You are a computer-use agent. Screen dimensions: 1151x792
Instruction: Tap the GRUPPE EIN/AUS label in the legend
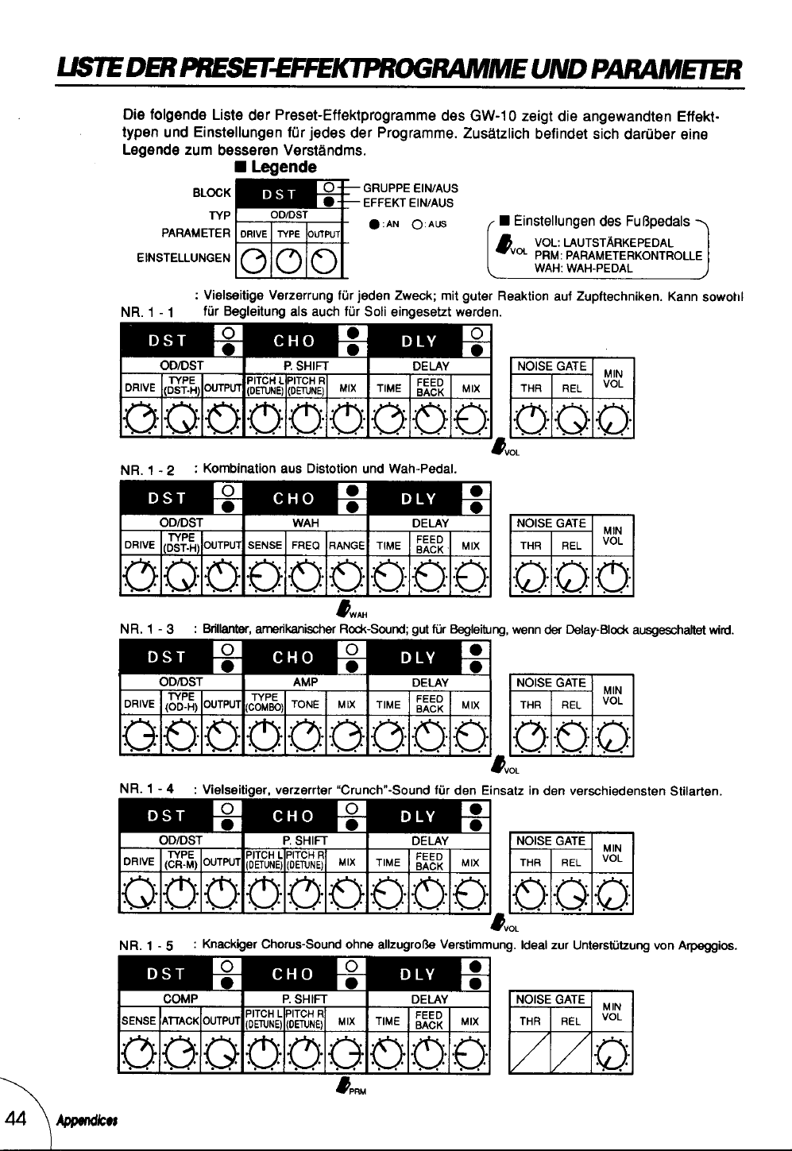410,188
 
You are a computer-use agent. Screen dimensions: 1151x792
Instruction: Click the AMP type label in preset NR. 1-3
306,682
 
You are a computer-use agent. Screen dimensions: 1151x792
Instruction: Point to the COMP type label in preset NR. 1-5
180,999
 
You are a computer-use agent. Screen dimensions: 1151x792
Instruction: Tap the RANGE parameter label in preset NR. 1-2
346,546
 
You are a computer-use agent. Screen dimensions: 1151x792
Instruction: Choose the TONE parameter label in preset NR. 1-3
306,705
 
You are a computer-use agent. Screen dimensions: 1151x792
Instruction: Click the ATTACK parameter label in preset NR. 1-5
180,1021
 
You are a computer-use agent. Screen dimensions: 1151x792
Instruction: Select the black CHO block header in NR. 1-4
294,816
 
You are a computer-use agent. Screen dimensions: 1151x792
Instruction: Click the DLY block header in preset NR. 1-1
419,342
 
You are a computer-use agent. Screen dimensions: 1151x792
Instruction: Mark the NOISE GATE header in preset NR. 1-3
551,682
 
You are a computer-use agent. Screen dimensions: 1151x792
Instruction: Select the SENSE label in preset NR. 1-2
265,546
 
